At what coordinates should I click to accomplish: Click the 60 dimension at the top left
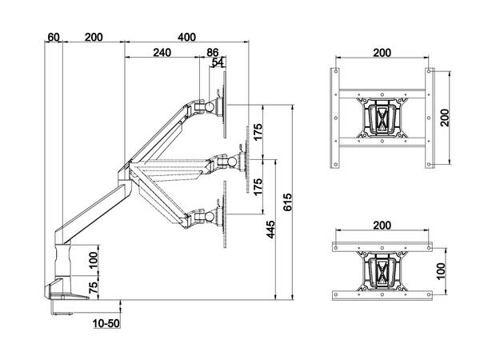(x=54, y=38)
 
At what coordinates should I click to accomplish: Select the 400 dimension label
(x=187, y=38)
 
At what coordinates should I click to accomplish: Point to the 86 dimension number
(x=213, y=54)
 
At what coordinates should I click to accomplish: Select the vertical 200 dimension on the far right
(x=455, y=118)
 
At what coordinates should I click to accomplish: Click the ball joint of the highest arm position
(x=210, y=105)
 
